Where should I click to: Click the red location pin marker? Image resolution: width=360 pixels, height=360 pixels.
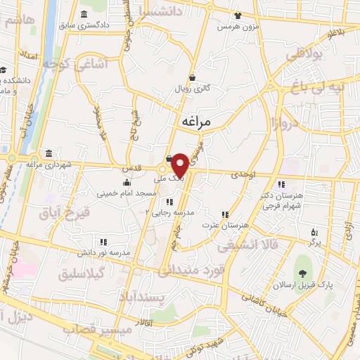[x=180, y=165]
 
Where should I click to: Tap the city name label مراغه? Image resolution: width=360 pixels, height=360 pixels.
[x=196, y=121]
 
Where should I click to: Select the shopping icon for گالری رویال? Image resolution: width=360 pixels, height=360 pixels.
[x=192, y=78]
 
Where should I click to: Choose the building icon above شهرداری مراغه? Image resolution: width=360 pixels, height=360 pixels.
[x=48, y=154]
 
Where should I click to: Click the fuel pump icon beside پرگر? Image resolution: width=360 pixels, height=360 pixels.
[x=314, y=230]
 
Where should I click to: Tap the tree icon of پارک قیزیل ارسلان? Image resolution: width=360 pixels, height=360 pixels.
[x=302, y=273]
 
